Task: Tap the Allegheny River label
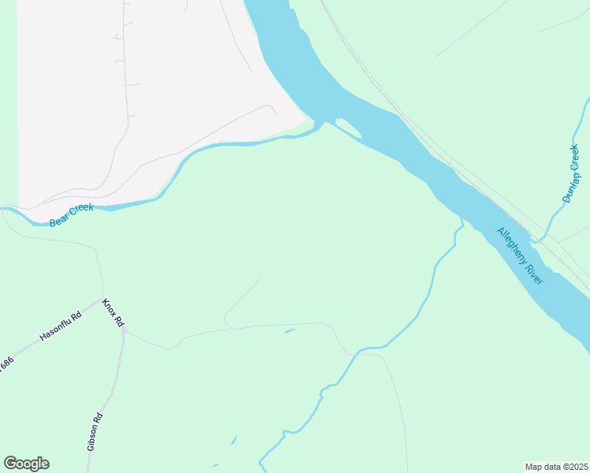pyautogui.click(x=521, y=256)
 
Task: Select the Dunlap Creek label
pyautogui.click(x=571, y=173)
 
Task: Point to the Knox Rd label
pyautogui.click(x=114, y=313)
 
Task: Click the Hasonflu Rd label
pyautogui.click(x=61, y=327)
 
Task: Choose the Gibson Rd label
pyautogui.click(x=95, y=431)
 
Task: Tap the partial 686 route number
pyautogui.click(x=6, y=365)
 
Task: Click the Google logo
pyautogui.click(x=26, y=464)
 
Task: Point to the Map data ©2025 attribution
pyautogui.click(x=557, y=466)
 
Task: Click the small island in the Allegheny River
pyautogui.click(x=349, y=128)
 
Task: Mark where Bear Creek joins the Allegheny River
pyautogui.click(x=319, y=125)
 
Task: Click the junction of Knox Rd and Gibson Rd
pyautogui.click(x=123, y=330)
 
